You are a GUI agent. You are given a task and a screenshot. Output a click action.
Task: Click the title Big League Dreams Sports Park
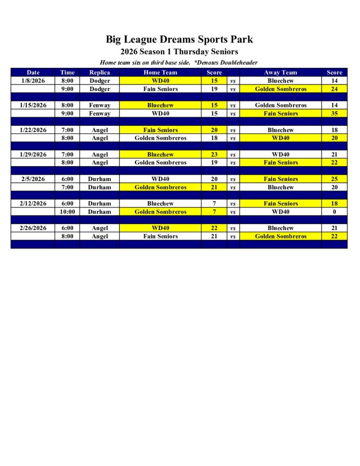coord(179,39)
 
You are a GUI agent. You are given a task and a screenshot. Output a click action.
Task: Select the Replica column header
coord(100,72)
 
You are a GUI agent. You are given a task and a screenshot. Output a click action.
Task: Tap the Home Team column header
coord(160,72)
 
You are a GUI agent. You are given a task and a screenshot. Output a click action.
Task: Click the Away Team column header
coord(280,72)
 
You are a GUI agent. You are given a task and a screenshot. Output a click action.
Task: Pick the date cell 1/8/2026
coord(33,81)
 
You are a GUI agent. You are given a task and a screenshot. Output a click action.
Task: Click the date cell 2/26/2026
coord(33,228)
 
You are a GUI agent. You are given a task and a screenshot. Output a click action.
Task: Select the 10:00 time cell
coord(67,212)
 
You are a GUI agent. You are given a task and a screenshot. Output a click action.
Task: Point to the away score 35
coord(335,113)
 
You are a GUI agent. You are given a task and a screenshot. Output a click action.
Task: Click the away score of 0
coord(335,212)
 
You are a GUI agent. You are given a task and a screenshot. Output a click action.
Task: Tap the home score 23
coord(214,154)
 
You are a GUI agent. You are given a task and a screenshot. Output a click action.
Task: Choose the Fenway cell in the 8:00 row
coord(100,105)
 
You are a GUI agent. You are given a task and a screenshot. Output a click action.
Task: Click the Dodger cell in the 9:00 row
coord(100,89)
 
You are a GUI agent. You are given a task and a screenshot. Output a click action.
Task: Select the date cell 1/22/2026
coord(33,130)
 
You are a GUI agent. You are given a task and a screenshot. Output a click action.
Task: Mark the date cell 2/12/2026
coord(33,203)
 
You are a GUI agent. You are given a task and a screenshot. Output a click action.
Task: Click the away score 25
coord(335,179)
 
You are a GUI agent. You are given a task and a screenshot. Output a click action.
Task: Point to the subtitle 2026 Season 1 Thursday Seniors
coord(179,52)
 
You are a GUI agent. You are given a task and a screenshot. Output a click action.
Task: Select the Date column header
coord(33,72)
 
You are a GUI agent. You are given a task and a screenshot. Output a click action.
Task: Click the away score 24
coord(335,89)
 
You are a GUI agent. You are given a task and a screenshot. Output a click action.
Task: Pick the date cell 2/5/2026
coord(33,179)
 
